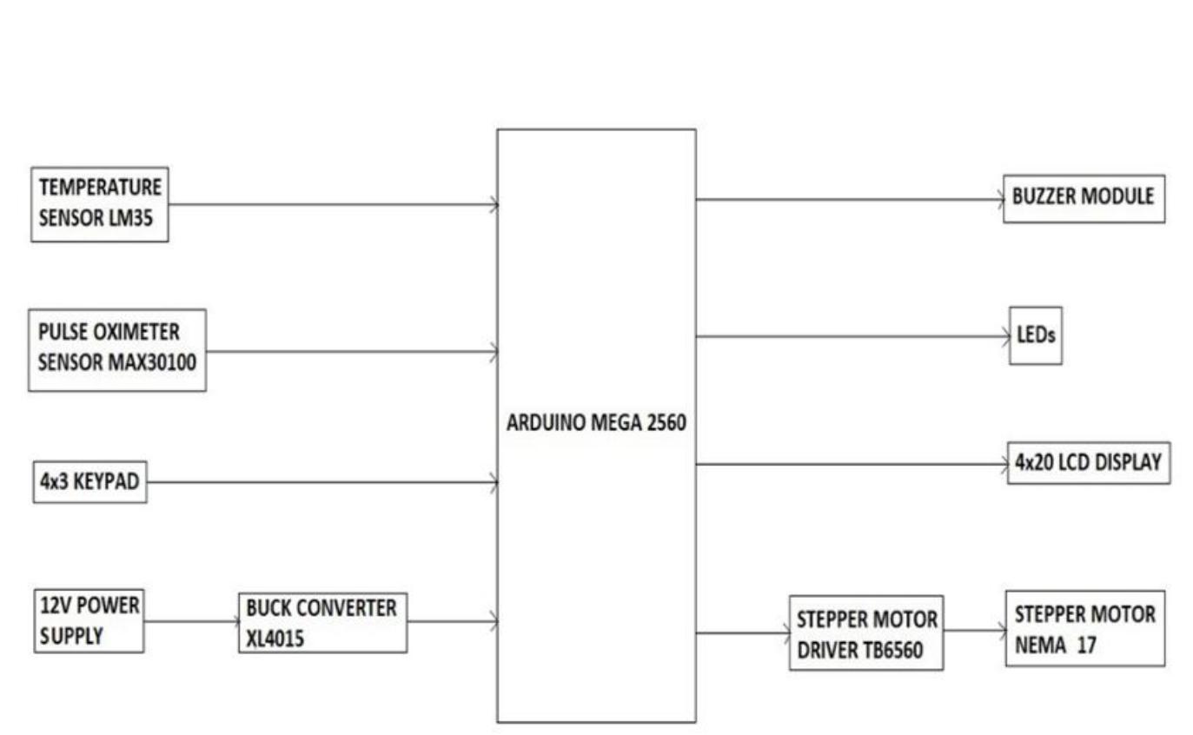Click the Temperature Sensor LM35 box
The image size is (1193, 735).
point(100,204)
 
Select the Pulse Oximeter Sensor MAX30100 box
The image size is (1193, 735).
point(117,350)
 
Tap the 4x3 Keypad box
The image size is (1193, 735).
point(90,482)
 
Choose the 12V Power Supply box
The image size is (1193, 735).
point(89,621)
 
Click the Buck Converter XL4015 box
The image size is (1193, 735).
point(322,623)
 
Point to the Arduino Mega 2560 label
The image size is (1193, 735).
point(596,423)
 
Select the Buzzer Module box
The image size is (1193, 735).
point(1084,199)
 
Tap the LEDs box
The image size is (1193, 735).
point(1036,335)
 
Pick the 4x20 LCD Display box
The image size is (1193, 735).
point(1089,463)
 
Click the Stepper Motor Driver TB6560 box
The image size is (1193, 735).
point(866,632)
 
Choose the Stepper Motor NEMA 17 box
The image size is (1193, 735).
point(1085,628)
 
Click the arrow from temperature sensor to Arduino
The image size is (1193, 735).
point(334,204)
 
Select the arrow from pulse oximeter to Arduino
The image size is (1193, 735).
point(352,352)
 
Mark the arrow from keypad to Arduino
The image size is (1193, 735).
point(322,482)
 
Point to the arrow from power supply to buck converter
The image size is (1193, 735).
point(192,621)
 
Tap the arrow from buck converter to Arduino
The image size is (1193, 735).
point(453,621)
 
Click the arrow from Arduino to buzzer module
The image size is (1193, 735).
point(850,200)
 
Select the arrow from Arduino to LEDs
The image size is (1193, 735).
point(853,336)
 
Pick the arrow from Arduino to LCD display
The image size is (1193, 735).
point(852,465)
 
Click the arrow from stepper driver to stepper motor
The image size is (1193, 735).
point(975,631)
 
